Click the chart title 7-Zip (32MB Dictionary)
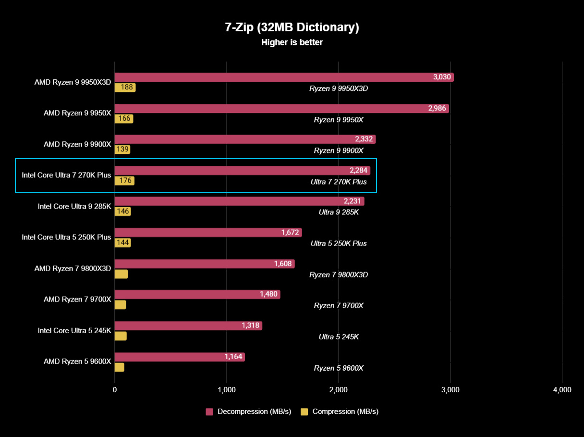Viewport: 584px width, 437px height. tap(292, 27)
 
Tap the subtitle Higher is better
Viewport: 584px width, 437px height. tap(292, 42)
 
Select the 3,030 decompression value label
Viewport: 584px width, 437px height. tap(441, 77)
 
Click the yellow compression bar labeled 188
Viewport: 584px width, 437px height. tap(125, 87)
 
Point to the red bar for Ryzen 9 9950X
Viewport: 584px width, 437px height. tap(281, 109)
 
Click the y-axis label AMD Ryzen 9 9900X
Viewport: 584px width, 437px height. tap(77, 144)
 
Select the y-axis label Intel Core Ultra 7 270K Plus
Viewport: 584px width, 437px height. tap(66, 175)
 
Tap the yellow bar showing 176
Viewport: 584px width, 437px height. tap(124, 181)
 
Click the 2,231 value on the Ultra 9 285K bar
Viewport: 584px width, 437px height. tap(352, 201)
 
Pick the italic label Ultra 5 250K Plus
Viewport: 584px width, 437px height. tap(339, 243)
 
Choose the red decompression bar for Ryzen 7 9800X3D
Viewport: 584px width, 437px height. tap(204, 264)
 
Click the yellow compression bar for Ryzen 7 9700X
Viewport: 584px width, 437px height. tap(120, 305)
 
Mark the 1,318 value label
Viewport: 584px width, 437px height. tap(250, 325)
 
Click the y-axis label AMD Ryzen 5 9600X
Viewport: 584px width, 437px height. tap(77, 361)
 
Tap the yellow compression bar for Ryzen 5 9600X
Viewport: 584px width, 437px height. tap(119, 367)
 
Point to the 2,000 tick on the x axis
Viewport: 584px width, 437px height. tap(338, 390)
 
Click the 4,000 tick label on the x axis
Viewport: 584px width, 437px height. tap(562, 390)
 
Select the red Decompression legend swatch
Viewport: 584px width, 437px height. tap(209, 412)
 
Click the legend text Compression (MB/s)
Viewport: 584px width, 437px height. tap(345, 412)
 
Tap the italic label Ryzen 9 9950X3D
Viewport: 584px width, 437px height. tap(339, 88)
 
